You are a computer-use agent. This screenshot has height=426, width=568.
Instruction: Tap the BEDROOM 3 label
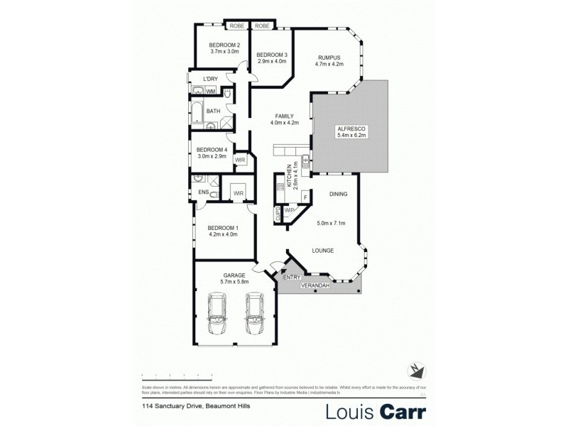pos(272,55)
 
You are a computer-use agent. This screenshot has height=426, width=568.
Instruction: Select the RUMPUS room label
pos(329,57)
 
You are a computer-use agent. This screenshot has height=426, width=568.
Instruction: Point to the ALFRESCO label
pos(350,128)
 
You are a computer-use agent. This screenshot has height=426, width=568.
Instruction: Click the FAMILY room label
pos(284,116)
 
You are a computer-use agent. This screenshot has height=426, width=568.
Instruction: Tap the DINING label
pos(337,194)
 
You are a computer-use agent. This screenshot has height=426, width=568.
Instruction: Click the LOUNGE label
pos(323,251)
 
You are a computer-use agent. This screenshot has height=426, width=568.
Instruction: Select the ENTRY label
pos(292,278)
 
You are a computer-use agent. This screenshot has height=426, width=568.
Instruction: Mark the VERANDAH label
pos(317,285)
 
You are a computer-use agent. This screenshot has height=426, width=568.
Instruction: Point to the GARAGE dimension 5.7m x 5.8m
pos(234,282)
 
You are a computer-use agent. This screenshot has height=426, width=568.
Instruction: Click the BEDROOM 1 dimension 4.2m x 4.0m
pos(222,234)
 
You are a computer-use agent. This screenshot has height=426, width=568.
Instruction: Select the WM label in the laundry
pos(211,92)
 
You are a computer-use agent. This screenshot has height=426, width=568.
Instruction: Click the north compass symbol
pos(415,370)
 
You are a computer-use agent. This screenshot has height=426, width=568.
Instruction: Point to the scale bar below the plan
pos(177,373)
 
